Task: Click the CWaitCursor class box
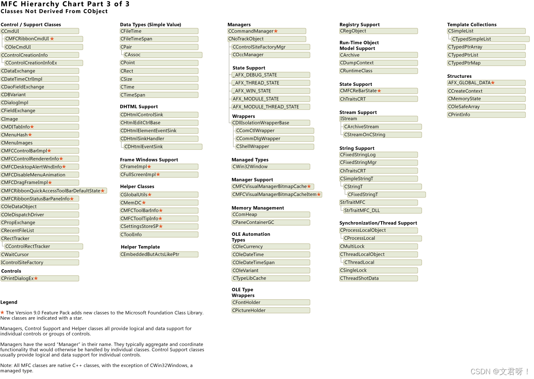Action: [x=40, y=255]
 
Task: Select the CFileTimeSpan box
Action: [x=159, y=39]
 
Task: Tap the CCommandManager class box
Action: [x=267, y=31]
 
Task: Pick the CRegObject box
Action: [x=378, y=31]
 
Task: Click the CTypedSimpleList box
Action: [x=490, y=39]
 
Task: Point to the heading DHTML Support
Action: [x=139, y=107]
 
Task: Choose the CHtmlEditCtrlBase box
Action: [x=159, y=123]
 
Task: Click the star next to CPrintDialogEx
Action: [x=36, y=278]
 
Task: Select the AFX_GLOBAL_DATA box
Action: [x=486, y=83]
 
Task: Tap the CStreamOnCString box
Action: [x=382, y=135]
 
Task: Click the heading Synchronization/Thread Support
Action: [x=378, y=223]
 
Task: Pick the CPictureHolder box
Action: [x=271, y=310]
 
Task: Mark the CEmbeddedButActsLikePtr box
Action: [x=159, y=255]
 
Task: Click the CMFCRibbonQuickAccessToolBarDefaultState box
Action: [x=53, y=191]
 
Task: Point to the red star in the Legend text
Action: [x=2, y=313]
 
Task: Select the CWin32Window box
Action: [x=271, y=167]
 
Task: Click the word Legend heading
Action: [x=9, y=302]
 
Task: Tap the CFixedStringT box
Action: [x=386, y=195]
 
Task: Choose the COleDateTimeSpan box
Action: [x=271, y=263]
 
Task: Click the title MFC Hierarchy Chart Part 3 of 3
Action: [x=65, y=4]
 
